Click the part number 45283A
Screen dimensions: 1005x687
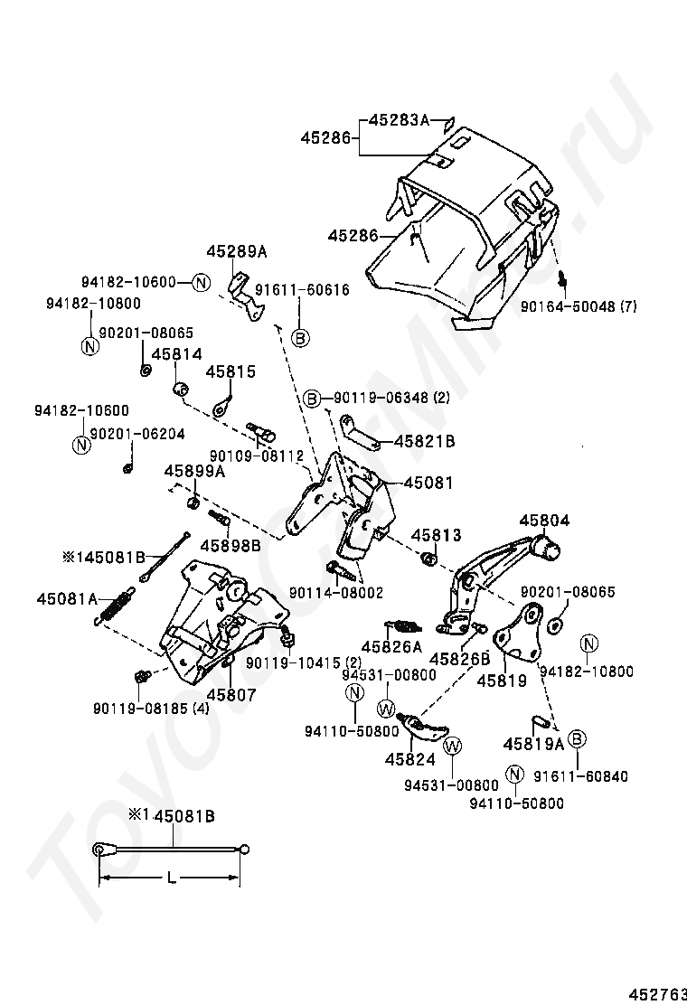(396, 119)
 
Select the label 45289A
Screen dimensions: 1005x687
(237, 252)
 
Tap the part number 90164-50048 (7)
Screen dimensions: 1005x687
(579, 306)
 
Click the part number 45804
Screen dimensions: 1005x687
(544, 521)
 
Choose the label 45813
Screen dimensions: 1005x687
(436, 536)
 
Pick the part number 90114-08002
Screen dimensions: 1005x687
(336, 593)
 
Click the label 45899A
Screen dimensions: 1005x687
(194, 471)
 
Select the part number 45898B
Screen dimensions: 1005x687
(231, 545)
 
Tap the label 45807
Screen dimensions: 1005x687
(231, 695)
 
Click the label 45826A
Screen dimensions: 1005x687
(391, 647)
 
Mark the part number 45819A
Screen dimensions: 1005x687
(533, 744)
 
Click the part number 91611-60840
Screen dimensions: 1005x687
(592, 776)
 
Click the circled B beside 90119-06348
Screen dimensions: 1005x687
(311, 398)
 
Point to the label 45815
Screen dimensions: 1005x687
(231, 371)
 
